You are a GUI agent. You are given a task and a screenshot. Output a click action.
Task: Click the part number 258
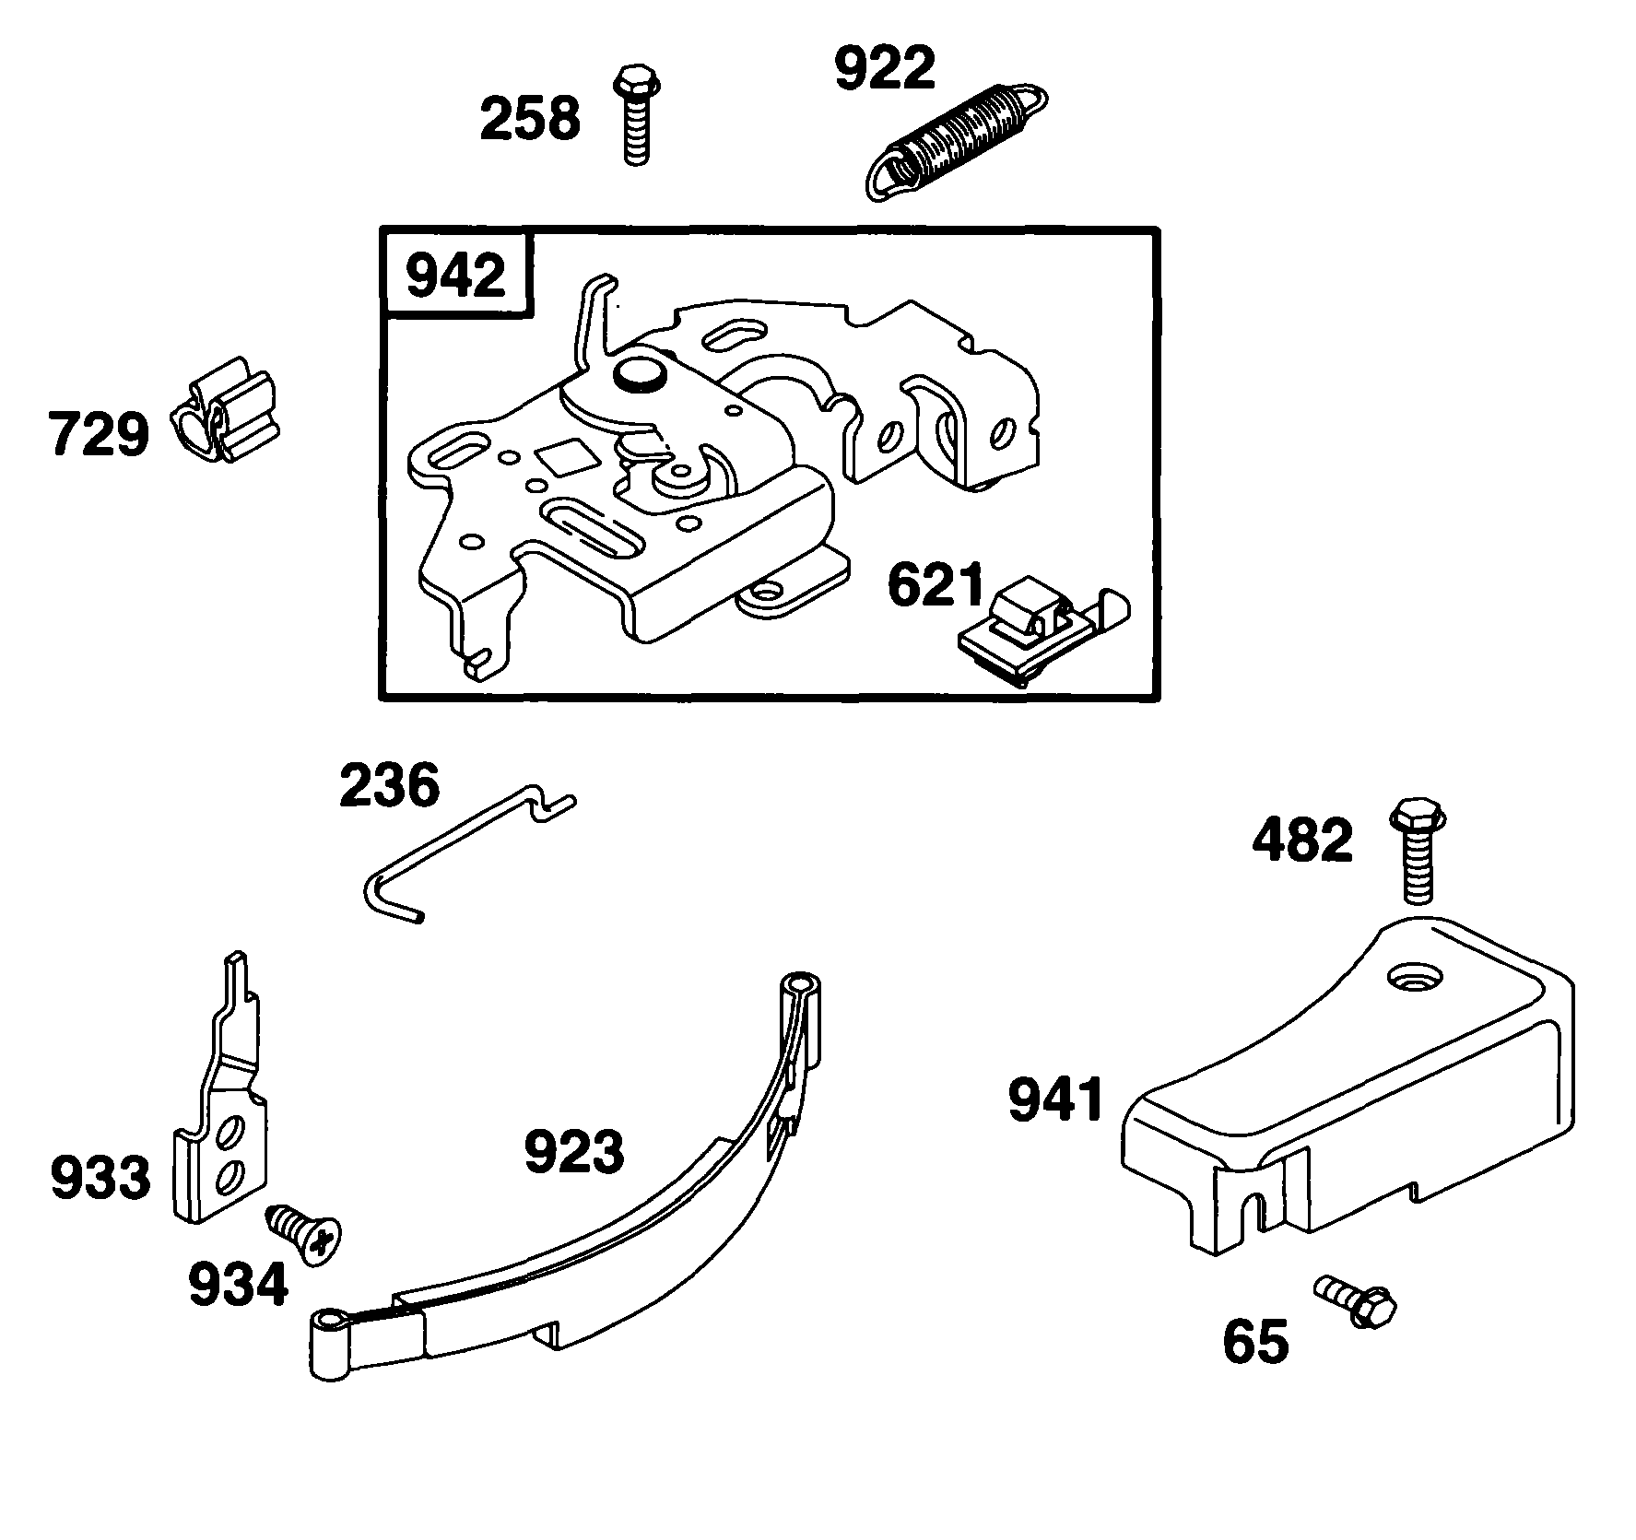pyautogui.click(x=530, y=120)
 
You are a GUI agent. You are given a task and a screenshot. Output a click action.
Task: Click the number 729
pyautogui.click(x=98, y=434)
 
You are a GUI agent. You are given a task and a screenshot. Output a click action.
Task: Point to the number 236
pyautogui.click(x=389, y=786)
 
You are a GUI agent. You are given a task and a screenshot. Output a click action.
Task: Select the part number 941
pyautogui.click(x=1056, y=1101)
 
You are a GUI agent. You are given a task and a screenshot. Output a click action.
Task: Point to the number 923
pyautogui.click(x=573, y=1152)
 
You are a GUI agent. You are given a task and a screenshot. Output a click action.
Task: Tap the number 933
pyautogui.click(x=100, y=1178)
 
